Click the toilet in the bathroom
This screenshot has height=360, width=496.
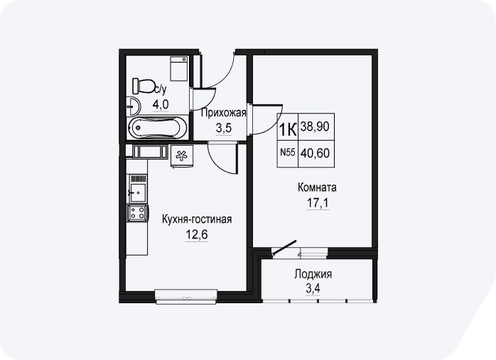[144, 86]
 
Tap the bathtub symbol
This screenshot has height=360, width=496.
[158, 127]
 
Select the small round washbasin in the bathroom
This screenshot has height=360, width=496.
[133, 107]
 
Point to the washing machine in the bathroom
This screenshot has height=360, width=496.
[179, 69]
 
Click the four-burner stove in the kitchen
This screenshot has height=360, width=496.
[137, 212]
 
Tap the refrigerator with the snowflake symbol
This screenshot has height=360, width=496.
[182, 156]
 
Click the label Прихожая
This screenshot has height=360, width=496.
[224, 113]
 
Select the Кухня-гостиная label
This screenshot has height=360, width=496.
[197, 219]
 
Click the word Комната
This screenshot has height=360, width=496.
[317, 187]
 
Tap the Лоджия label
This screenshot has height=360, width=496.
[313, 274]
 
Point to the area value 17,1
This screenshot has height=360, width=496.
[318, 203]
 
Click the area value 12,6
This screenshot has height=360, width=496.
[196, 235]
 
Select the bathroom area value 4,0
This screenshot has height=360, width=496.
[161, 104]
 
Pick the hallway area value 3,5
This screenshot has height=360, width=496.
[224, 129]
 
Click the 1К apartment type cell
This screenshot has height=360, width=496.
[288, 126]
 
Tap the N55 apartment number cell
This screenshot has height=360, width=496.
[288, 153]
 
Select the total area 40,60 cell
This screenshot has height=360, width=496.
[316, 153]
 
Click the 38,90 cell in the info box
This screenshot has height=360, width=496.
[316, 126]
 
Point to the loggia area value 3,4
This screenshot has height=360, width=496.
[313, 288]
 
